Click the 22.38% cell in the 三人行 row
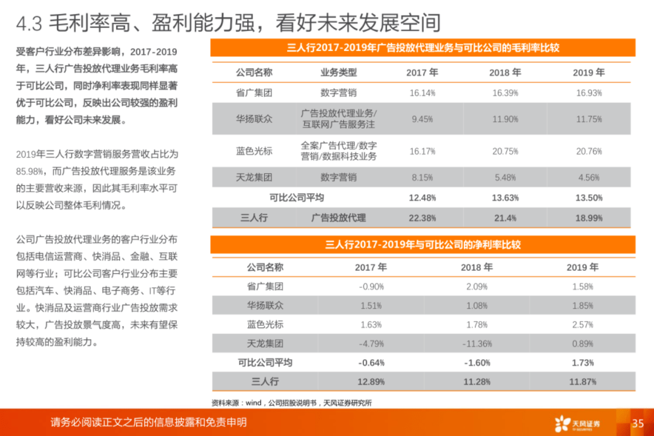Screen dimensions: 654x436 pos(422,218)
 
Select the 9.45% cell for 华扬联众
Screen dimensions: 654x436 pos(422,119)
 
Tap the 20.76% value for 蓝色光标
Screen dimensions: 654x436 pos(589,151)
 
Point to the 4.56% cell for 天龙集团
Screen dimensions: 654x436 pos(589,178)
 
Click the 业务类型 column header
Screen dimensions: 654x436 pos(339,73)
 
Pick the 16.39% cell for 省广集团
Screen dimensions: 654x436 pos(505,93)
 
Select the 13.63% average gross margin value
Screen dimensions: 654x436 pos(505,198)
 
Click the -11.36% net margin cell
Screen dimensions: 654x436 pos(477,344)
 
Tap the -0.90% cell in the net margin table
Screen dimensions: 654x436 pos(371,286)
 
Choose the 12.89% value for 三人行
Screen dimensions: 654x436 pos(371,381)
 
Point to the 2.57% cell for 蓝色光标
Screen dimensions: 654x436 pos(583,325)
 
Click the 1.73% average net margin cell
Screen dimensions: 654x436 pos(583,363)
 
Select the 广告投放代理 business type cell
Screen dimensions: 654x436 pos(339,218)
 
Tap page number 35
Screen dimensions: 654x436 pos(638,423)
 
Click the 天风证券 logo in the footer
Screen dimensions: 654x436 pos(577,423)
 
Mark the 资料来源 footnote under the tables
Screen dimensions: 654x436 pos(291,403)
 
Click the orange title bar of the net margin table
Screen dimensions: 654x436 pos(423,245)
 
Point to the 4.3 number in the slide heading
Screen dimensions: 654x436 pos(29,24)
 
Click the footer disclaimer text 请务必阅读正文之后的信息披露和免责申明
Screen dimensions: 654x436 pos(148,422)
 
